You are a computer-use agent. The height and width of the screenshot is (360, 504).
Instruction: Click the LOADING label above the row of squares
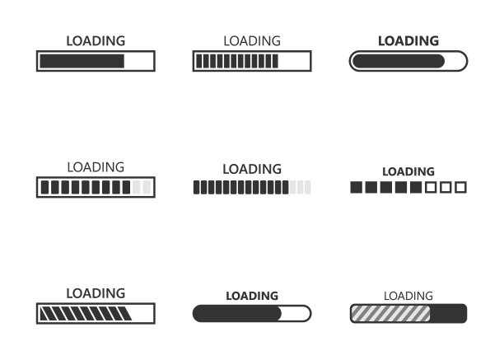click(408, 171)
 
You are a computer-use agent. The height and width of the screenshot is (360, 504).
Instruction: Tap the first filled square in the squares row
click(356, 187)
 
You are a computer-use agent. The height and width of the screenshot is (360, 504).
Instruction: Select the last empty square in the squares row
click(460, 187)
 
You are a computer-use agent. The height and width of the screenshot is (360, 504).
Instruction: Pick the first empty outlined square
click(431, 187)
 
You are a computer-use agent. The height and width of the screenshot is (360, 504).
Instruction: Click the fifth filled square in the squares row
click(416, 187)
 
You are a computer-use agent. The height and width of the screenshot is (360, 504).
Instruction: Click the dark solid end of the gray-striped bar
click(448, 313)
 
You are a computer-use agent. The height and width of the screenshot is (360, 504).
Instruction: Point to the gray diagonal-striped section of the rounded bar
click(390, 314)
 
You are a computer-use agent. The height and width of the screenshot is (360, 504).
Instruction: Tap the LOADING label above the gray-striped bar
click(408, 296)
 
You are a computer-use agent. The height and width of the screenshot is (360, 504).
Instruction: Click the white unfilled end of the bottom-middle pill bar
click(296, 313)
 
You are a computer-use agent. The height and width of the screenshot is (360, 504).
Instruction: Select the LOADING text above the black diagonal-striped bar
click(96, 293)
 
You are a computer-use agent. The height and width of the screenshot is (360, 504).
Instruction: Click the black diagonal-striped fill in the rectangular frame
click(86, 313)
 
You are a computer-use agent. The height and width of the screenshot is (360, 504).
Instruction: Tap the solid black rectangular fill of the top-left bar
click(82, 61)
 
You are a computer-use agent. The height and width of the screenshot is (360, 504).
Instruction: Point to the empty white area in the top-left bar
click(138, 61)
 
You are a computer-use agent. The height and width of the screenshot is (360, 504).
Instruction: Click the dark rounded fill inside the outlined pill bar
click(399, 61)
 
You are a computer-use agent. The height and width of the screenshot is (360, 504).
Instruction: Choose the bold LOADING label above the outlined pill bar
click(408, 41)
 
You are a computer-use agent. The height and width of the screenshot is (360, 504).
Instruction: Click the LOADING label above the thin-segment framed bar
click(252, 41)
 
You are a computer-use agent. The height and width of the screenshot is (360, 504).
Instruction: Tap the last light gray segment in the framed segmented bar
click(147, 187)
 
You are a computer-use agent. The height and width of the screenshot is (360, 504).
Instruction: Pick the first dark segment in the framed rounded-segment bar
click(45, 187)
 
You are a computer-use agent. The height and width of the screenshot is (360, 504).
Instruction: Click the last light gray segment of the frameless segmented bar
click(308, 187)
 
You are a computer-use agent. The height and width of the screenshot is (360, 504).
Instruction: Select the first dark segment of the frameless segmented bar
click(196, 187)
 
